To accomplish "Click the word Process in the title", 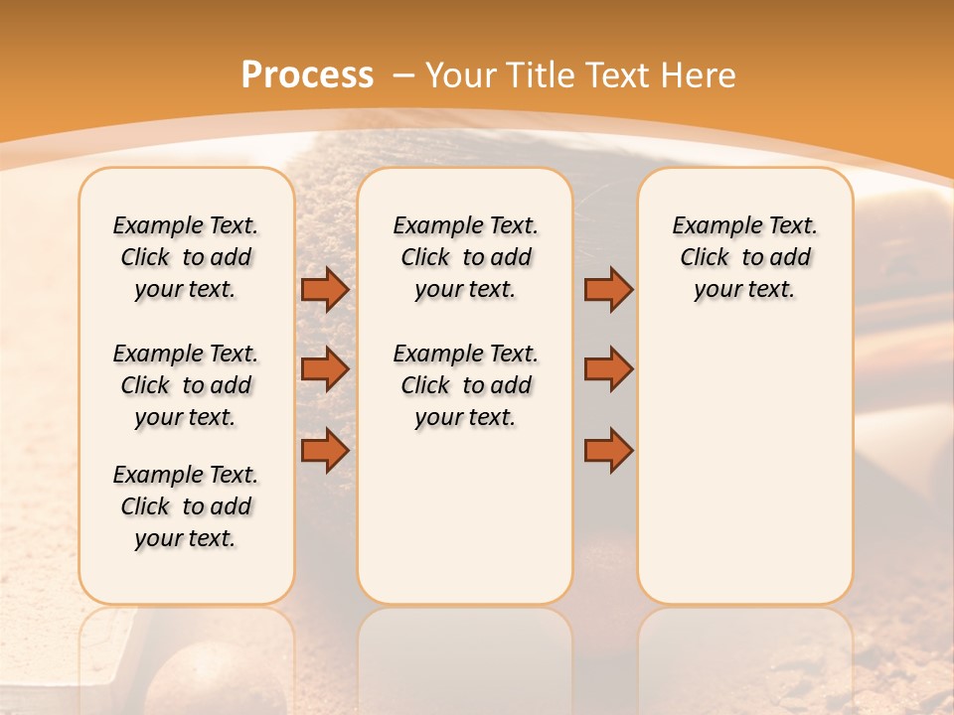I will click(307, 75).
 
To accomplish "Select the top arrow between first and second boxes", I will click(325, 289).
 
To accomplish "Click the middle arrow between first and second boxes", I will click(325, 369).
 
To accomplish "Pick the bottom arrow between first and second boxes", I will click(325, 450).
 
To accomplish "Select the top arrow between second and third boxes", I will click(608, 289).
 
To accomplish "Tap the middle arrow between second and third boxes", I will click(608, 369).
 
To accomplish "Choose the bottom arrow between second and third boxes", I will click(608, 450).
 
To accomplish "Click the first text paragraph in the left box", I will click(186, 257).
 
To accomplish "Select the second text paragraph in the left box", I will click(186, 385).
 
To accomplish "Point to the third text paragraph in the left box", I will click(186, 506).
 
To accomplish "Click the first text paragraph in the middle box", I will click(465, 257).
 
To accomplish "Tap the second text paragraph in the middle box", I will click(465, 385).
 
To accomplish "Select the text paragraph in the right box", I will click(745, 257).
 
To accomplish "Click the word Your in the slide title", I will click(462, 75).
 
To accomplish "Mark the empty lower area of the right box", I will click(745, 477).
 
